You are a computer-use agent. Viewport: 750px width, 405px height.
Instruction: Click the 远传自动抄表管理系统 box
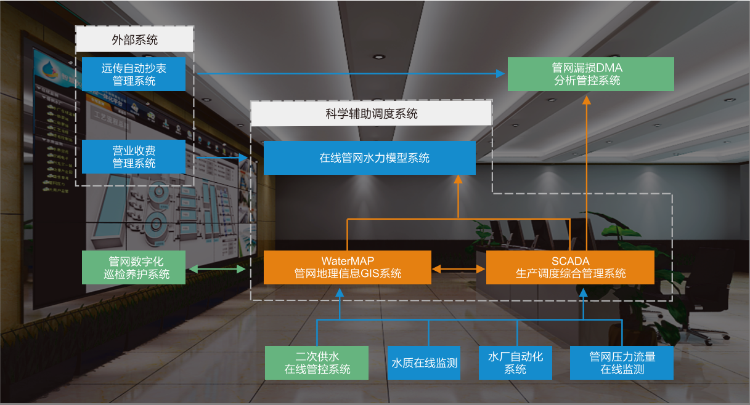tap(134, 74)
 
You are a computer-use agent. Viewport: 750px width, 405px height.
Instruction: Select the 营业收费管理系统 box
tap(134, 156)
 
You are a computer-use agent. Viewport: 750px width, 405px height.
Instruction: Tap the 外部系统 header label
tap(134, 40)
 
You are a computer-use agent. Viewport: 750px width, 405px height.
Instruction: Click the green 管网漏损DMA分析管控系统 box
tap(590, 74)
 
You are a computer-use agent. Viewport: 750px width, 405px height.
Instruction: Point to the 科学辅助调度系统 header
tap(371, 113)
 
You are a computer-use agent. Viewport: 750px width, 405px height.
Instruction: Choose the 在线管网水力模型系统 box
tap(370, 158)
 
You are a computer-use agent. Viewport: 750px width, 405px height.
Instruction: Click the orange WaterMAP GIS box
tap(348, 267)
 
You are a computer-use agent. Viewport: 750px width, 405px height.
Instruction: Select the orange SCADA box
tap(570, 267)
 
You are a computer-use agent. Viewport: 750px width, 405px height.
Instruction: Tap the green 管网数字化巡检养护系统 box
tap(134, 267)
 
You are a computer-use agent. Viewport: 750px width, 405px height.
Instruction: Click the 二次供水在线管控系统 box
tap(317, 363)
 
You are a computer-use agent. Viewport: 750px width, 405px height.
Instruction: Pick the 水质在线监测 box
tap(424, 363)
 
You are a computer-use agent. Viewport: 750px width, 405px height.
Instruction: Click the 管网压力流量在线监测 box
tap(622, 363)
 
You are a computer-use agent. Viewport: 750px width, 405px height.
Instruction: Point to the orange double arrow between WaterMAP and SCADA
tap(459, 269)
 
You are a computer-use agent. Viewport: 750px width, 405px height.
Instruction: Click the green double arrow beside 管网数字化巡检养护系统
tap(216, 269)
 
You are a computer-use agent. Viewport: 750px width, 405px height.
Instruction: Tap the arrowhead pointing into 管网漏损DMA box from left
tap(500, 74)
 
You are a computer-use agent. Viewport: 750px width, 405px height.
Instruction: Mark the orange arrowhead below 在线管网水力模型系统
tap(458, 178)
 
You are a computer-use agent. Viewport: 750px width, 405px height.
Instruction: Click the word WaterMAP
tap(348, 261)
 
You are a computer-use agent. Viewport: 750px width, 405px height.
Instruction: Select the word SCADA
tap(570, 261)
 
